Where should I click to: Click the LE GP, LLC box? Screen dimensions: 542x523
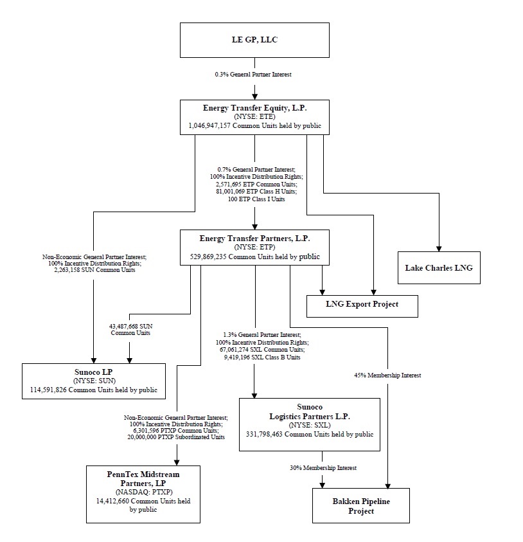255,40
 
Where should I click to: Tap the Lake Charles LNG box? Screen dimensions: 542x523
439,267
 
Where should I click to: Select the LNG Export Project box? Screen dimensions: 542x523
362,304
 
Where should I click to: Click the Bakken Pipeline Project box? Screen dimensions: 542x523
360,505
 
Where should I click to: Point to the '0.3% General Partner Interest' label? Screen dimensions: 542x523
253,75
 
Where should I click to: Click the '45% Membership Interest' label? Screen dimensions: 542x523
387,375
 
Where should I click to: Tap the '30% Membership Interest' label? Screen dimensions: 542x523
323,467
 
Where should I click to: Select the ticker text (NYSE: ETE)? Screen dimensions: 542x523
255,118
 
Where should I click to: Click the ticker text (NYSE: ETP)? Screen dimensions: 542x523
255,248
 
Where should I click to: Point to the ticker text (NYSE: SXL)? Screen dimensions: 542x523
310,425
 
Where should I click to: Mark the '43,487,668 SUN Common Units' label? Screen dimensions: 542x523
130,330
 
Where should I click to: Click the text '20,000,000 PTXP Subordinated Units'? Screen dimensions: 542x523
176,437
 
